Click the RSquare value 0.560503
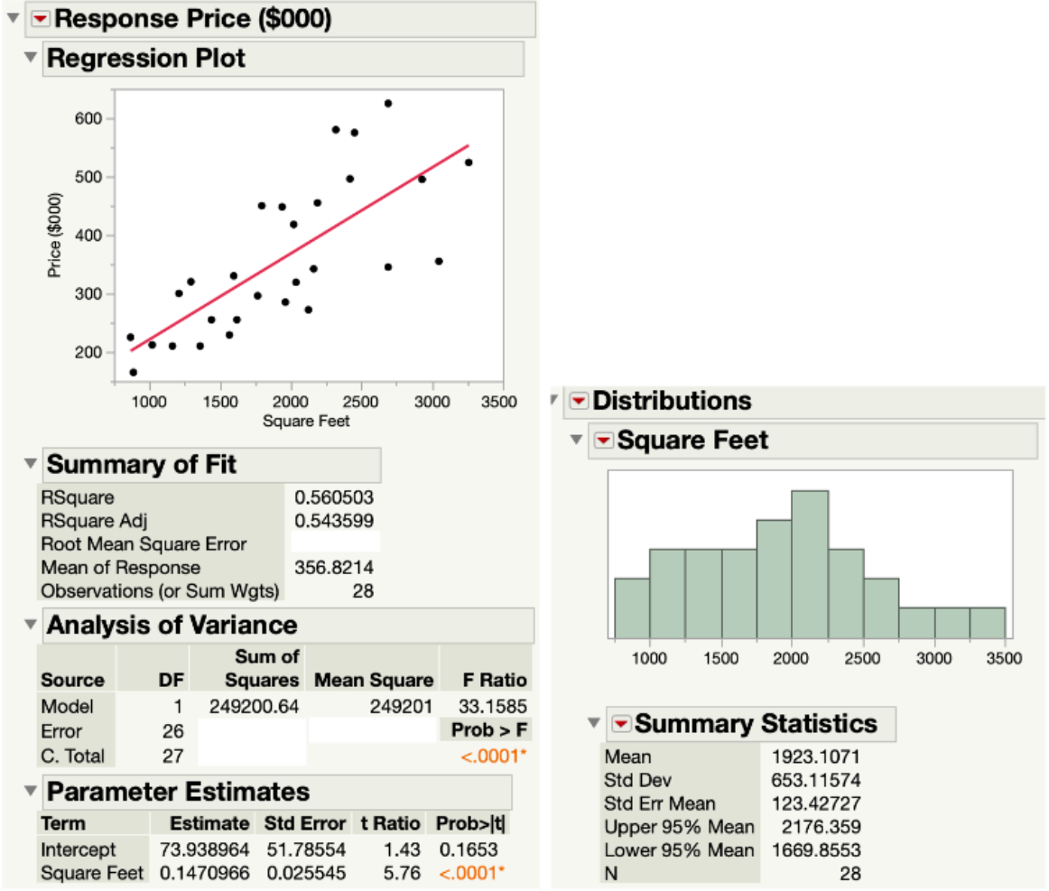(x=334, y=497)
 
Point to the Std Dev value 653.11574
(x=817, y=780)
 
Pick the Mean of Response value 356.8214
(x=334, y=568)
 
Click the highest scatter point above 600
(x=388, y=104)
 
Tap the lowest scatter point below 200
(x=134, y=372)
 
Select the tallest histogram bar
(x=810, y=564)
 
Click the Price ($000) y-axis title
(x=55, y=235)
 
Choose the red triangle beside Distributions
(x=579, y=401)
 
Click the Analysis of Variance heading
(x=172, y=625)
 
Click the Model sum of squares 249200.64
(x=254, y=706)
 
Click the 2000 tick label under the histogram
(x=792, y=658)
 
